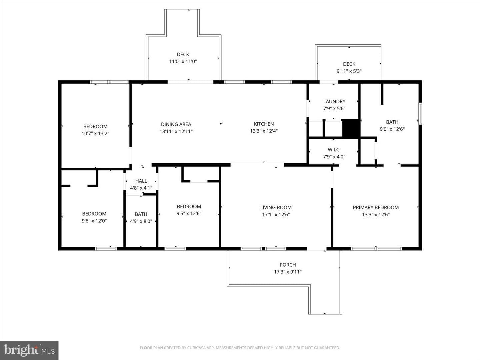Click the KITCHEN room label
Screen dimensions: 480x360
[x=264, y=124]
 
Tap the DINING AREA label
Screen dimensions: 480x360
[x=176, y=124]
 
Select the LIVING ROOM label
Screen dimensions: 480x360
[x=276, y=207]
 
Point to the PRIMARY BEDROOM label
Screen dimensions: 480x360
[x=376, y=207]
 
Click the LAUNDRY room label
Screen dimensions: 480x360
[x=334, y=101]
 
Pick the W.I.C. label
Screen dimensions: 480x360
[x=334, y=150]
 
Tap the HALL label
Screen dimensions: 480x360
[x=141, y=181]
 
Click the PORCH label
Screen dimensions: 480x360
[x=288, y=265]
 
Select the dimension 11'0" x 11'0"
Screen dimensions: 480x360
[x=183, y=61]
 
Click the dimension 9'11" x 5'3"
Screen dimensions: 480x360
[x=349, y=71]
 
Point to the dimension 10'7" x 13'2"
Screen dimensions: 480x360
[x=95, y=133]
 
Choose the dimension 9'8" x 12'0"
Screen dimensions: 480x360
[x=94, y=221]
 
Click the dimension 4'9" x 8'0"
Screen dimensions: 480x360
[x=141, y=221]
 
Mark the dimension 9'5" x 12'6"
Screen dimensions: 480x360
[x=189, y=213]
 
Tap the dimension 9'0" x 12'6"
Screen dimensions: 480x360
[x=392, y=129]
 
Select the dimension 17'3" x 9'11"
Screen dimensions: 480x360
[x=288, y=272]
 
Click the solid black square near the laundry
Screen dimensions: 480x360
[x=351, y=128]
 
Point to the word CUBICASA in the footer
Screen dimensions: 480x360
[x=196, y=348]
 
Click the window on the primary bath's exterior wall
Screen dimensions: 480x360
[x=420, y=114]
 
